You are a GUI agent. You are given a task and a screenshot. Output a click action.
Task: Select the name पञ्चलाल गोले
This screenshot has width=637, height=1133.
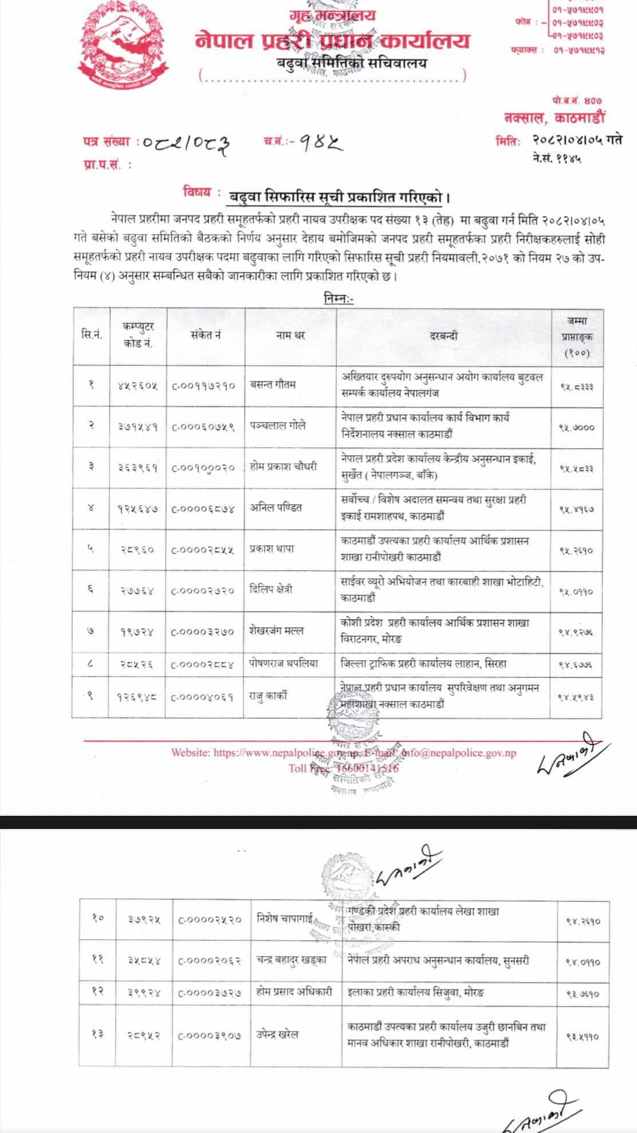coord(278,425)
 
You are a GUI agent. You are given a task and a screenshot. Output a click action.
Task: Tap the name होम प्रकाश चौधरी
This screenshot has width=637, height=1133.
coord(284,467)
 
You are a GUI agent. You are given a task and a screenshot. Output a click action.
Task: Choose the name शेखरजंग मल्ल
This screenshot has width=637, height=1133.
coord(277,631)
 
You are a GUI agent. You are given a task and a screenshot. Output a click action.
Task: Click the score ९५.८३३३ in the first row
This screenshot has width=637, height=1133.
coord(576,386)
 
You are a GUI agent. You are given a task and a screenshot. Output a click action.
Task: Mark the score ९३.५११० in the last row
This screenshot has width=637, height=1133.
coord(583,1036)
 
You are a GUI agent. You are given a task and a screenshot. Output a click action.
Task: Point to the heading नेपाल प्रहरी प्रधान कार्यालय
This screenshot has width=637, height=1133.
coord(333,41)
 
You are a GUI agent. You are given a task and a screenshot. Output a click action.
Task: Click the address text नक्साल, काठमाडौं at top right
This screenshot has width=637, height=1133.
coord(553,118)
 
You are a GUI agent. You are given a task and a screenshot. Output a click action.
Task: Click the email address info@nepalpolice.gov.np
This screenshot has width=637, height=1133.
coord(458,753)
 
